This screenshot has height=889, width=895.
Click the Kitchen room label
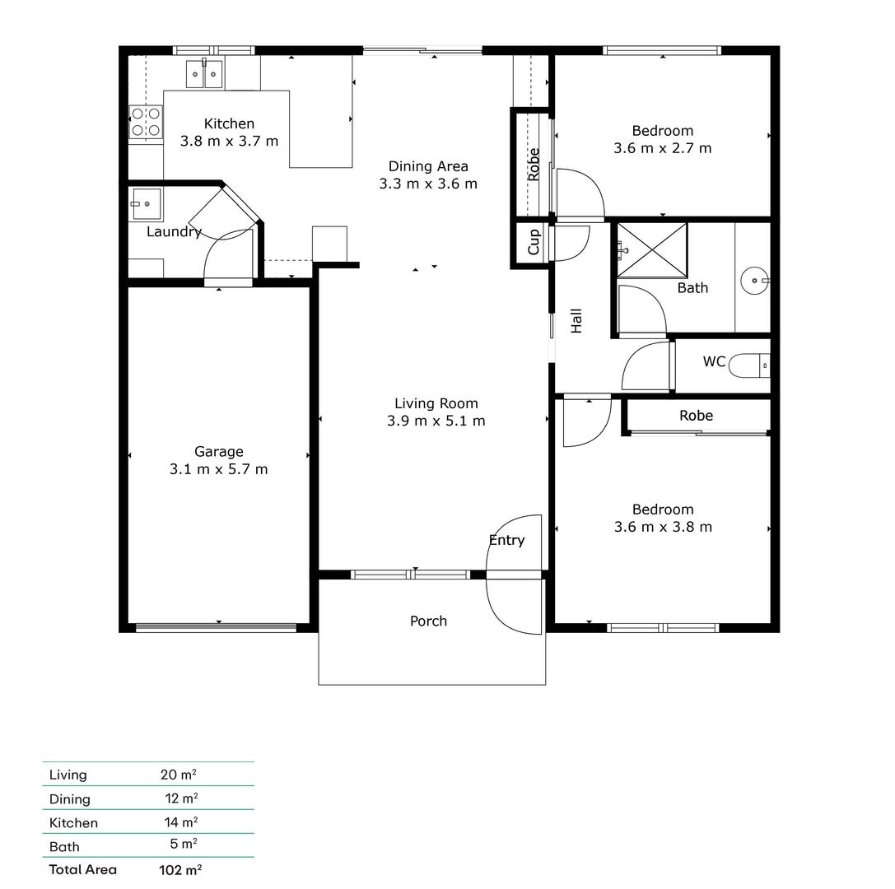pyautogui.click(x=229, y=123)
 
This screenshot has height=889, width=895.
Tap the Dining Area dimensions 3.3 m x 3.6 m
pyautogui.click(x=428, y=184)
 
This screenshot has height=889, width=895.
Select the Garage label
pyautogui.click(x=219, y=451)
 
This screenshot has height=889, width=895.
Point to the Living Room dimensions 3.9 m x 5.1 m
pyautogui.click(x=436, y=421)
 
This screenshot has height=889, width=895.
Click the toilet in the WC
pyautogui.click(x=750, y=363)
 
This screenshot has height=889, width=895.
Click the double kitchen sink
pyautogui.click(x=203, y=75)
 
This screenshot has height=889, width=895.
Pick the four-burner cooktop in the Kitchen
pyautogui.click(x=145, y=121)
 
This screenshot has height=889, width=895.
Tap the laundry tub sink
pyautogui.click(x=146, y=203)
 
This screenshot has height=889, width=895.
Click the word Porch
pyautogui.click(x=428, y=621)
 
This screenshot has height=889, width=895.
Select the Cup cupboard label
pyautogui.click(x=534, y=243)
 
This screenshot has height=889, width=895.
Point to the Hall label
pyautogui.click(x=576, y=320)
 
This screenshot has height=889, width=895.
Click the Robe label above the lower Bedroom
pyautogui.click(x=696, y=416)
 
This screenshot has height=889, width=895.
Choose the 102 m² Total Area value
pyautogui.click(x=179, y=868)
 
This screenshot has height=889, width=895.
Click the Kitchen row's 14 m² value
pyautogui.click(x=181, y=822)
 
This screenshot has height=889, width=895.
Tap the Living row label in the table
pyautogui.click(x=68, y=775)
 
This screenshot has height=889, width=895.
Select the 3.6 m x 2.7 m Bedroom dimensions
pyautogui.click(x=663, y=148)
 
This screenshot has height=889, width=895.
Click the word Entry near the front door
pyautogui.click(x=506, y=540)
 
